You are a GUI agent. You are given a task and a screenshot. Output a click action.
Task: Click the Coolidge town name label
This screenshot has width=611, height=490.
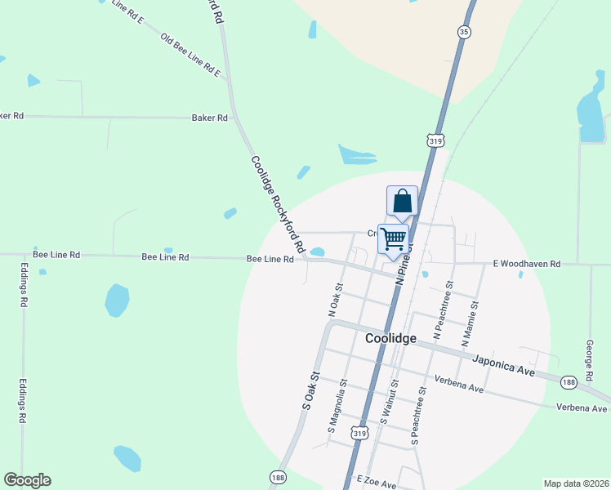pos(390,338)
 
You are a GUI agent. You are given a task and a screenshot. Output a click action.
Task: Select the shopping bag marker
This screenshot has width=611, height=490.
pos(403,200)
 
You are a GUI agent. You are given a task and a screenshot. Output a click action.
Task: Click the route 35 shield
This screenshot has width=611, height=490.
pos(465,32)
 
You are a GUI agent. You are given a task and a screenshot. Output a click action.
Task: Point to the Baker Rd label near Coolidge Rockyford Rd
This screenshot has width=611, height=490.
pos(210,118)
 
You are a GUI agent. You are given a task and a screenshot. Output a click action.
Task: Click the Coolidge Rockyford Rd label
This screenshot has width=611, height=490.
pos(278,204)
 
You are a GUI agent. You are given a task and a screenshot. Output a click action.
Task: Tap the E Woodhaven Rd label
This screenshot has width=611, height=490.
pos(527,264)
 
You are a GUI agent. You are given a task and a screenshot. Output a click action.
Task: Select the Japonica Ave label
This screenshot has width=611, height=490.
pos(504,363)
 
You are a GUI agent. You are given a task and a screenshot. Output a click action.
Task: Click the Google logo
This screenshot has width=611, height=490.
pos(27,480)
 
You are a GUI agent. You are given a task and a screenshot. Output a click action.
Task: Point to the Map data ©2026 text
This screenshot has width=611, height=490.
pos(575,483)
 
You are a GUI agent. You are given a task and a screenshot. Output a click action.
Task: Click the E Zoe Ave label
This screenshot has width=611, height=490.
pos(376,484)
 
